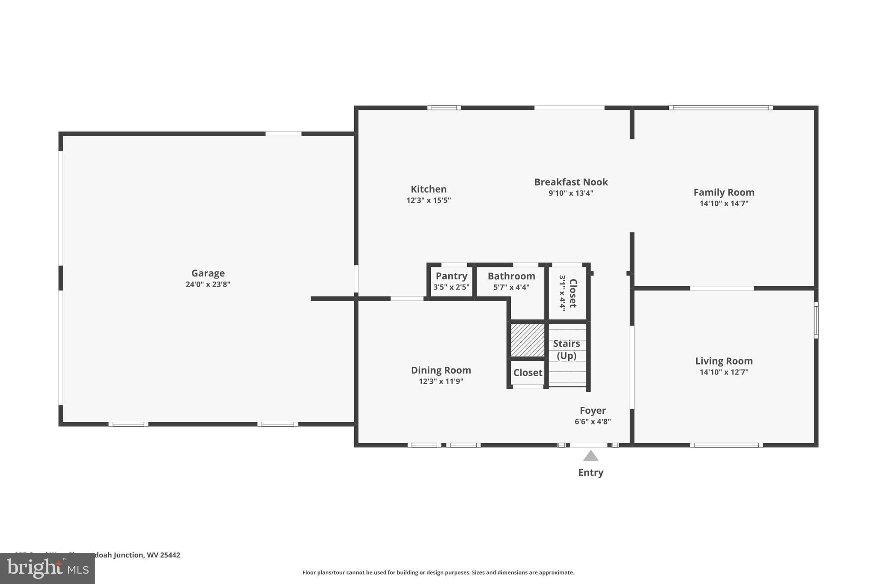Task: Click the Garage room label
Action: pyautogui.click(x=208, y=273)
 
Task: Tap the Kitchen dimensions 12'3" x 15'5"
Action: pyautogui.click(x=428, y=200)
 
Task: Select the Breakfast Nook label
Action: pyautogui.click(x=571, y=182)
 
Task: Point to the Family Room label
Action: pyautogui.click(x=724, y=192)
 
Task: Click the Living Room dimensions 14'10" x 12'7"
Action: pyautogui.click(x=724, y=372)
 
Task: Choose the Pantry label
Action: pyautogui.click(x=451, y=276)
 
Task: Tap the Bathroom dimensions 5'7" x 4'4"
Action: pyautogui.click(x=511, y=287)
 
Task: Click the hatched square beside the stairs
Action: pyautogui.click(x=528, y=340)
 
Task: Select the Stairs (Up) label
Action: pyautogui.click(x=566, y=349)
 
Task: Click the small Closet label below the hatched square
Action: pyautogui.click(x=528, y=373)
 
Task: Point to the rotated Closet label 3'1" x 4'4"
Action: pyautogui.click(x=568, y=293)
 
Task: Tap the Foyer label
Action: pyautogui.click(x=593, y=410)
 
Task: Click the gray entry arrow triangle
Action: pyautogui.click(x=591, y=456)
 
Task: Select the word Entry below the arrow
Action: pyautogui.click(x=591, y=472)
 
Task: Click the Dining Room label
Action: pyautogui.click(x=441, y=370)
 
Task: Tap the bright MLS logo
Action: pyautogui.click(x=47, y=568)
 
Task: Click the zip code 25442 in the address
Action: pyautogui.click(x=170, y=555)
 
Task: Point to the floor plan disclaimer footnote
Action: pyautogui.click(x=438, y=572)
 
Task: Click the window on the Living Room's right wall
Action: pyautogui.click(x=816, y=320)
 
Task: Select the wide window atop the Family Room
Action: pyautogui.click(x=721, y=108)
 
